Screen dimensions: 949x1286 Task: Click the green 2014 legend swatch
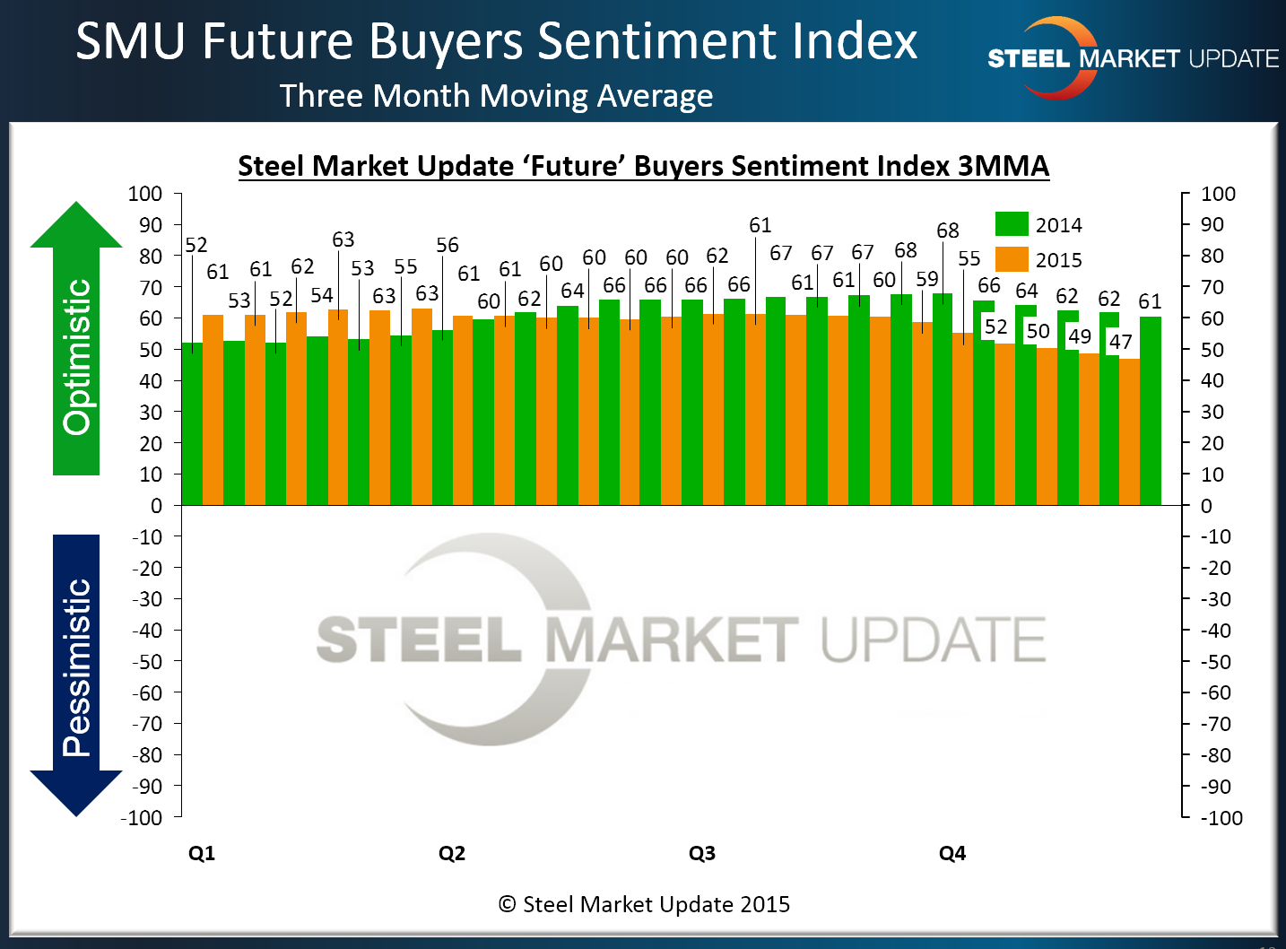click(1012, 224)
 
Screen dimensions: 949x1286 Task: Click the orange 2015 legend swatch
click(1012, 259)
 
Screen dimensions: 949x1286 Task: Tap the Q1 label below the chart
click(202, 853)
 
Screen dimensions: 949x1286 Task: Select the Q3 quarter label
click(702, 853)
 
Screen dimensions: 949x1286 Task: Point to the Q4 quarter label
click(952, 853)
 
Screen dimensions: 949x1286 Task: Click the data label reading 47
click(1121, 342)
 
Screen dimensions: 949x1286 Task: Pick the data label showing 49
click(1080, 336)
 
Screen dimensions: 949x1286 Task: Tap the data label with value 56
click(447, 245)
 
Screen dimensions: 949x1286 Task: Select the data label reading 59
click(927, 279)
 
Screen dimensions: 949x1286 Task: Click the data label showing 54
click(322, 295)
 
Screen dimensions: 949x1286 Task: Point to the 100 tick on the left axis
click(145, 194)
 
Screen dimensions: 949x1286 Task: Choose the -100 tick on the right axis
click(1221, 818)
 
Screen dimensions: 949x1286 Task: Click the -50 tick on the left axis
click(147, 662)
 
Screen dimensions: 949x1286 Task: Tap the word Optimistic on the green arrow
click(77, 357)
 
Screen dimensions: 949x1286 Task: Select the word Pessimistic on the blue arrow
click(77, 667)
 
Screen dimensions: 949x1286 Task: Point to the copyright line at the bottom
click(644, 904)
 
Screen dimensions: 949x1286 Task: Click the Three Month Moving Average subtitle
click(496, 95)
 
